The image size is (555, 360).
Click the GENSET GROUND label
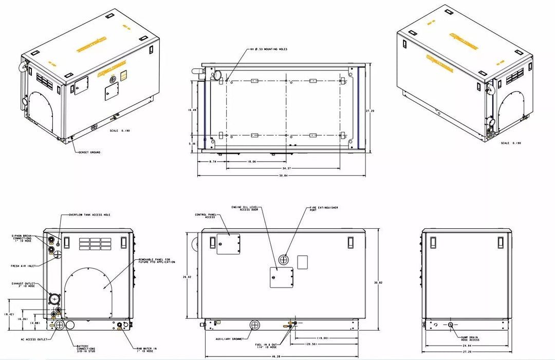[x=89, y=152]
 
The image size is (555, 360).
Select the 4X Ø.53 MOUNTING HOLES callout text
[x=268, y=49]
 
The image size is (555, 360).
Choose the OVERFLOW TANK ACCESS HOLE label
[x=89, y=214]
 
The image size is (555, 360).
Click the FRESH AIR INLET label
[x=22, y=266]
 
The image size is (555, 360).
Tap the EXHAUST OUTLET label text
[x=23, y=284]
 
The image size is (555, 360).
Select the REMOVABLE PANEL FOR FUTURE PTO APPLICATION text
[x=157, y=261]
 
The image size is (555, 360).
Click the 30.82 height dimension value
[x=379, y=282]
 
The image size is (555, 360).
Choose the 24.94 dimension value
[x=467, y=346]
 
